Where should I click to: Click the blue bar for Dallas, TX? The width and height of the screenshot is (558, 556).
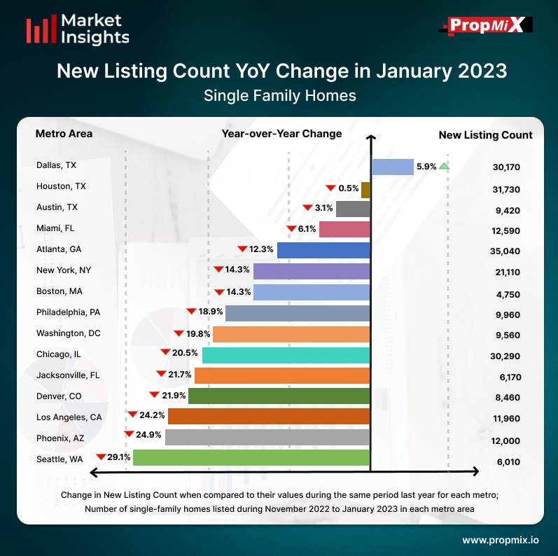point(392,167)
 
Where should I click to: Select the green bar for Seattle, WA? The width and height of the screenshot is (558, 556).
point(251,458)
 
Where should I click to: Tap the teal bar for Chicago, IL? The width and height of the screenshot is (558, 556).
point(286,354)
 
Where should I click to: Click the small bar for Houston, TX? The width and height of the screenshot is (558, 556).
point(365,188)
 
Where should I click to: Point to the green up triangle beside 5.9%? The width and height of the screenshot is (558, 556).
point(444,167)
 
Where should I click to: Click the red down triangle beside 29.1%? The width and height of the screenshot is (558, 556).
point(101,457)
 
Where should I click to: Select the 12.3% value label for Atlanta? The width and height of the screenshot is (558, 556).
point(261,250)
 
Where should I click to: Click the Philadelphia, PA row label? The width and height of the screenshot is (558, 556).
point(69,312)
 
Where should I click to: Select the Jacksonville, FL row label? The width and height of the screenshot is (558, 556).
point(68,375)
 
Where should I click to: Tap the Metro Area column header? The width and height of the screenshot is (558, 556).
point(64,134)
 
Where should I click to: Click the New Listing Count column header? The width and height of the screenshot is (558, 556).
point(485,135)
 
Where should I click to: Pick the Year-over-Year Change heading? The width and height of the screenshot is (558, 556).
point(281,134)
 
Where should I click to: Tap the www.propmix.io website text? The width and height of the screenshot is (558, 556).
point(501,540)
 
